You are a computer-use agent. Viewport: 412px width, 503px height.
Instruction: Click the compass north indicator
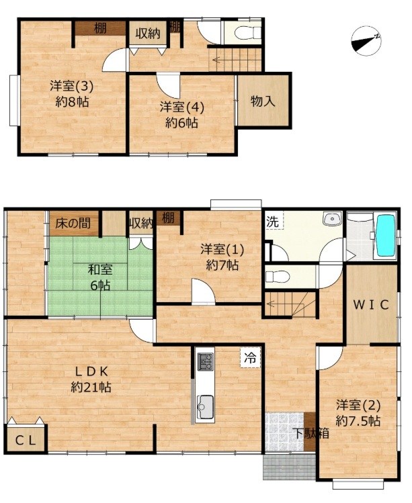366,41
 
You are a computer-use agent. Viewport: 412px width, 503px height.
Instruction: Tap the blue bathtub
385,236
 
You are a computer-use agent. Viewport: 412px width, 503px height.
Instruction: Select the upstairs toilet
248,33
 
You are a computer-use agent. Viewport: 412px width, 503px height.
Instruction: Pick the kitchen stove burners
205,361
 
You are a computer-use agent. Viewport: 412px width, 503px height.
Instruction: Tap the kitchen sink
205,407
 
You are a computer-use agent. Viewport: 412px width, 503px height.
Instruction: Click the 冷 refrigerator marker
250,358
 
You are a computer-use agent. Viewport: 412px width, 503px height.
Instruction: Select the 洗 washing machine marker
273,222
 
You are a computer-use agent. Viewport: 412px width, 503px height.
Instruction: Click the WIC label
371,305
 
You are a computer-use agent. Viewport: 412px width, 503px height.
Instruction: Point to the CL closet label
26,441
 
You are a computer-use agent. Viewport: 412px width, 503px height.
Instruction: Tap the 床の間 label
73,223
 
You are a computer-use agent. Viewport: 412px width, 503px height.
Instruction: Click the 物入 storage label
263,101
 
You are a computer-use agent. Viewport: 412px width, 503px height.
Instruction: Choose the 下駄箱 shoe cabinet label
312,434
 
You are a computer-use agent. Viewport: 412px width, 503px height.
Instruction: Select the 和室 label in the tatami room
100,269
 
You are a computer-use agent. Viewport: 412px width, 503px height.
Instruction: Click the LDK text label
91,371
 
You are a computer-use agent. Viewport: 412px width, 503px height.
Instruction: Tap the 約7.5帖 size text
358,420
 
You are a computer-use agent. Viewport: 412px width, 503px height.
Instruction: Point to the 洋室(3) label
72,86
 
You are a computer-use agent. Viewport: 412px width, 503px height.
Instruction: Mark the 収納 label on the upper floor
148,34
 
